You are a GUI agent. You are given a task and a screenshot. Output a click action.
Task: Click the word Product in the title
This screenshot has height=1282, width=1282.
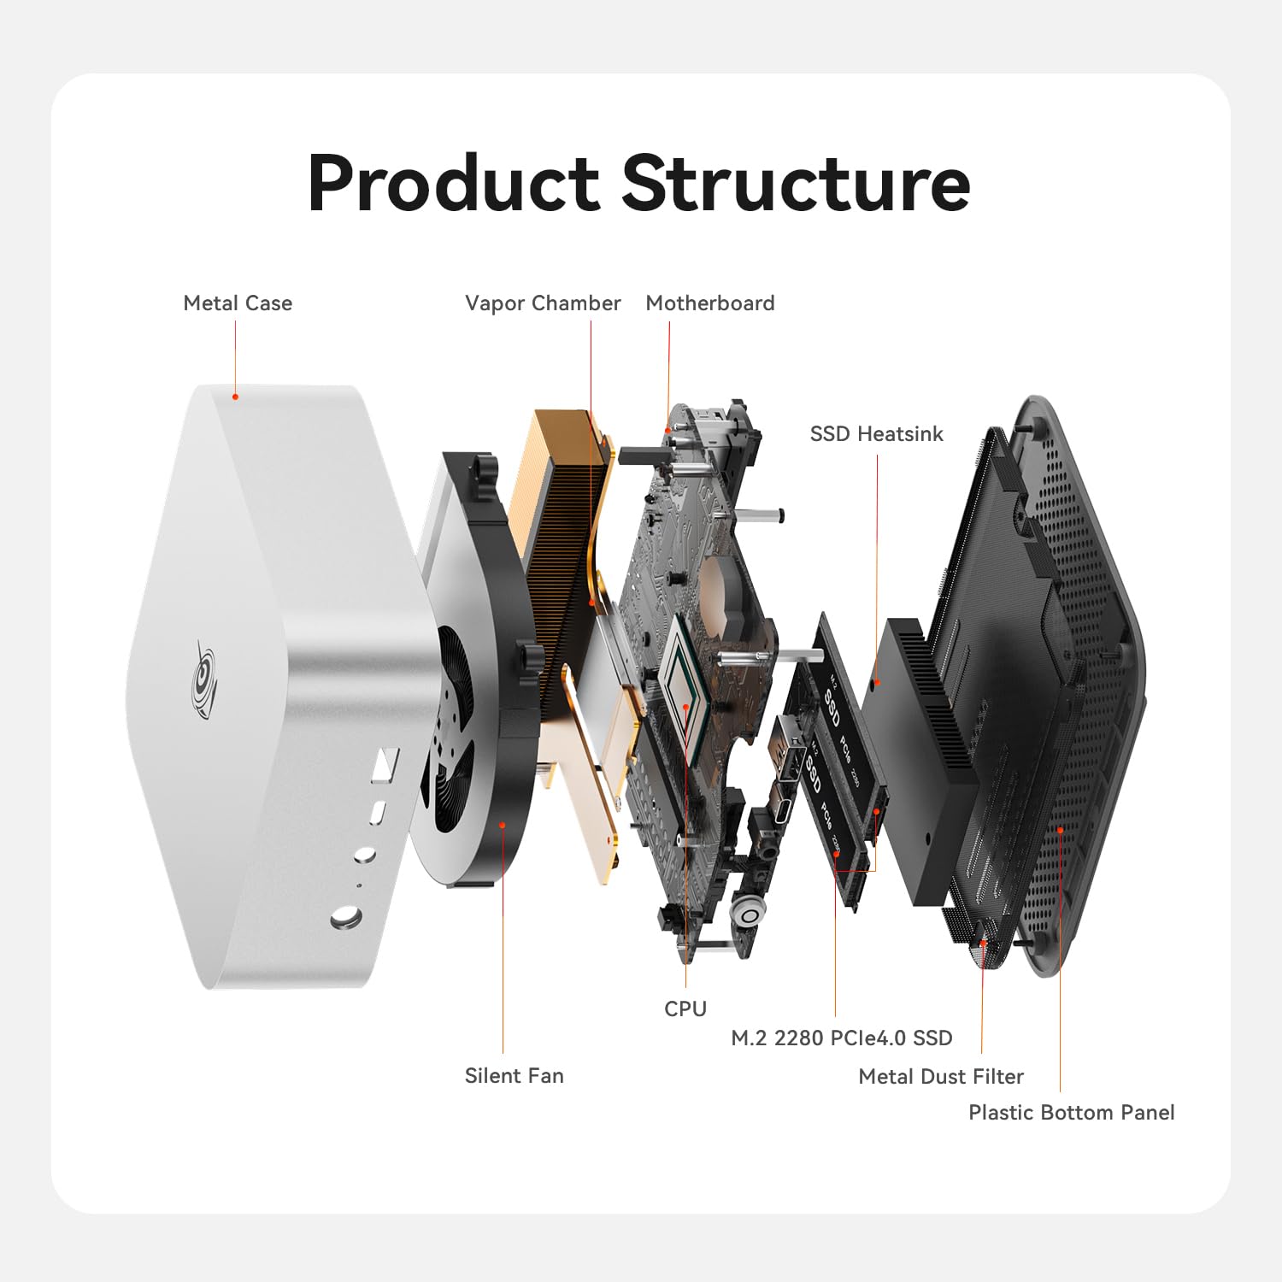[x=454, y=184]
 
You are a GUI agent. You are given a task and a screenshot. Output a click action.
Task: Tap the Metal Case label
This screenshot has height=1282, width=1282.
[x=238, y=303]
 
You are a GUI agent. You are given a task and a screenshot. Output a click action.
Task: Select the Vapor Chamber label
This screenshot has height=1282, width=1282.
[x=543, y=303]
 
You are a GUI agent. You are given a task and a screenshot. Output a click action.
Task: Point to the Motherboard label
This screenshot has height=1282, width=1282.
[x=710, y=303]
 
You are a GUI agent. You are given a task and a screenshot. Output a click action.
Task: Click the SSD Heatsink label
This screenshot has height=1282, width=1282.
[x=876, y=434]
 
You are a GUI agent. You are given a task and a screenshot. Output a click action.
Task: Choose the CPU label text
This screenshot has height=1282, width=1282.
[x=685, y=1009]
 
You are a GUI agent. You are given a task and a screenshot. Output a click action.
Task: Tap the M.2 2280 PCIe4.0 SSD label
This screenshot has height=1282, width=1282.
[x=842, y=1038]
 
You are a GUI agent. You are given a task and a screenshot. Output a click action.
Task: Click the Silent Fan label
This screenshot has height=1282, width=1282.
[x=514, y=1076]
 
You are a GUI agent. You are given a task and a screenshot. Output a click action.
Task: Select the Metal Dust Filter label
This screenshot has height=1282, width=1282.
[x=941, y=1077]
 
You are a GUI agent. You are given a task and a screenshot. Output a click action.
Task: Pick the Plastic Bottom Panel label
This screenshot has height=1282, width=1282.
[x=1071, y=1113]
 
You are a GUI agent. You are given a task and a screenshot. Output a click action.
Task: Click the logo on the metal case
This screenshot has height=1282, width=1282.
[x=204, y=679]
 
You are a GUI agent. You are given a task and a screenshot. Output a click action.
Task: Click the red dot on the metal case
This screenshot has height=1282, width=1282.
[x=236, y=397]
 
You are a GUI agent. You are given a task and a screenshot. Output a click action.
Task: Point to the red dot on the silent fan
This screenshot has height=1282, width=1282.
[x=503, y=825]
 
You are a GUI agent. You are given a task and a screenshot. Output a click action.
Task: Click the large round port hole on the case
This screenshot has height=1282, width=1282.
[x=345, y=919]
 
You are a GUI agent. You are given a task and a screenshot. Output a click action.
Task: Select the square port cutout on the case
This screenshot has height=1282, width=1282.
[x=386, y=763]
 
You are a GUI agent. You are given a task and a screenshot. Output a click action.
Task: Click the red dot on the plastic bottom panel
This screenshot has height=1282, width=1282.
[x=1060, y=829]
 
